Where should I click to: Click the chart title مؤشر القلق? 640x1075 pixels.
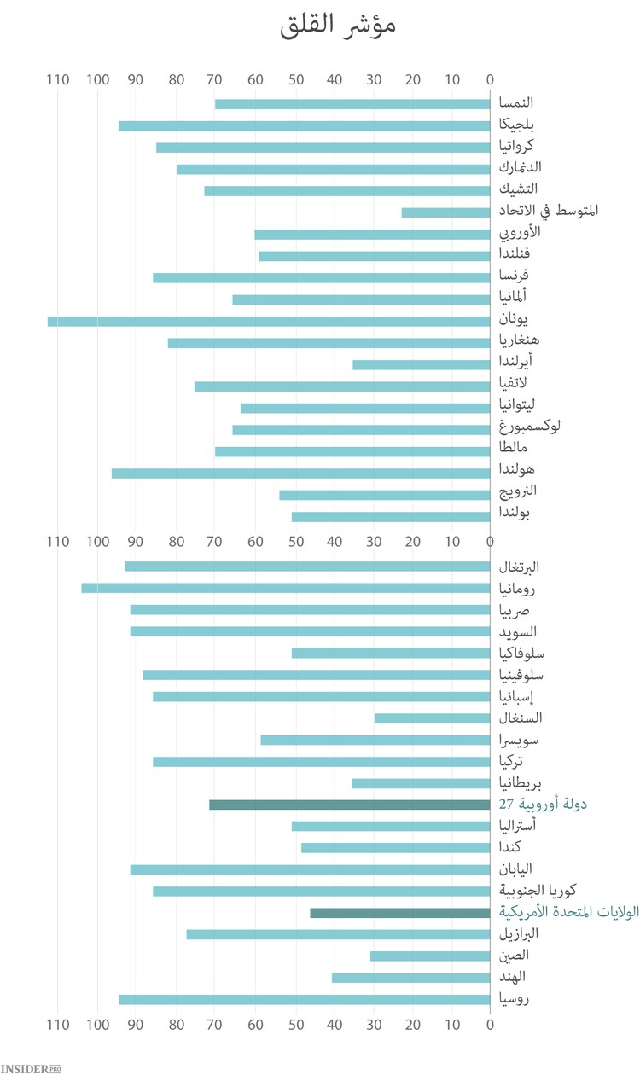[x=338, y=26]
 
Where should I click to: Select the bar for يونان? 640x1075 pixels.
[x=269, y=322]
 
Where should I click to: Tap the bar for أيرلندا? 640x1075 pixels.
[x=422, y=365]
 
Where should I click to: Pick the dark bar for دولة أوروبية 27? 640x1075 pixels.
[x=350, y=805]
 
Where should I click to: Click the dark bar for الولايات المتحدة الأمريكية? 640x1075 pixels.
[x=400, y=913]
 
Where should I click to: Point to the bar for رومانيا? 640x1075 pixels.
[x=286, y=588]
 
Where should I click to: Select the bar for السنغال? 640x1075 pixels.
[x=433, y=718]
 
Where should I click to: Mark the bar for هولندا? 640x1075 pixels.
[x=301, y=474]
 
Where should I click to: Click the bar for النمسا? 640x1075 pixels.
[x=352, y=104]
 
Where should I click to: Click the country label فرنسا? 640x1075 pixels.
[x=515, y=276]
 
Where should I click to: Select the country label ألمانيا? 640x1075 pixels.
[x=513, y=297]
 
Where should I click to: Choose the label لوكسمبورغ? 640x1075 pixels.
[x=530, y=426]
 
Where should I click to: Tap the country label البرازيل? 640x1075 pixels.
[x=519, y=933]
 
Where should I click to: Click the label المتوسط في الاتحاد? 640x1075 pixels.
[x=549, y=210]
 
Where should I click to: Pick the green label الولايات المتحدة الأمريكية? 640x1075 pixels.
[x=569, y=912]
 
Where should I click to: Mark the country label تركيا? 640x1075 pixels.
[x=511, y=761]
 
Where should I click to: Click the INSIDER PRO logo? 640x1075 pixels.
[x=31, y=1067]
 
